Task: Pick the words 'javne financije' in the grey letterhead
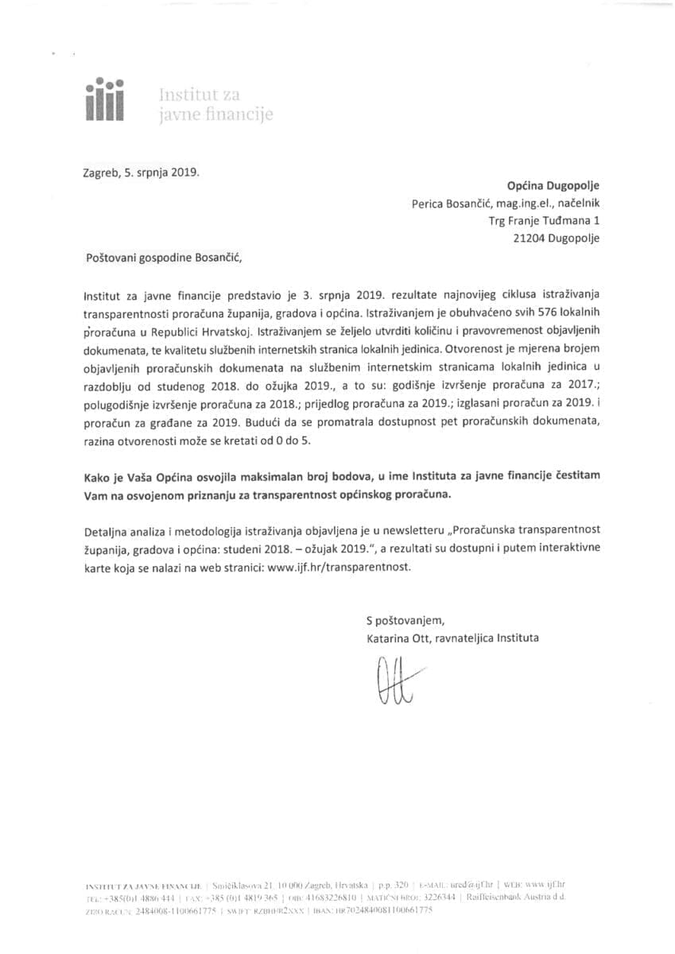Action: (x=216, y=115)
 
